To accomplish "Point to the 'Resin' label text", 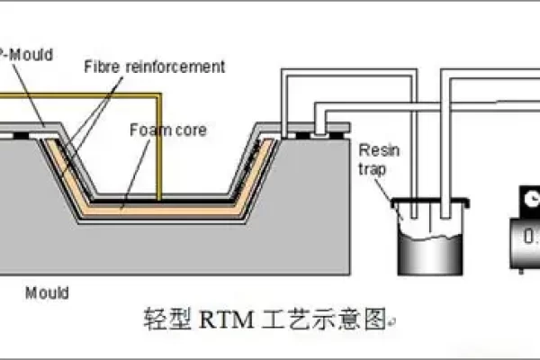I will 374,148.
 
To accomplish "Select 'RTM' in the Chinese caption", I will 221,318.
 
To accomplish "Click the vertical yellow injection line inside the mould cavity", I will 159,144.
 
